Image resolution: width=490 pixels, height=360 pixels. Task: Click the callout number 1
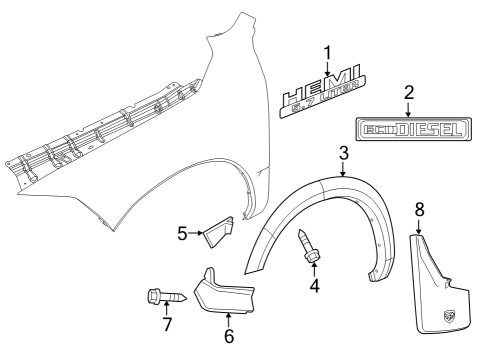(325, 52)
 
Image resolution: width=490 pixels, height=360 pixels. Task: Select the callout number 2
(408, 93)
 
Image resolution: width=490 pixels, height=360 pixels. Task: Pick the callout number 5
(182, 234)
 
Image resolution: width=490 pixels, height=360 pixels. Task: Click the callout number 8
(419, 211)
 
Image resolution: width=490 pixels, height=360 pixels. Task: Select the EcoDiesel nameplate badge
(409, 131)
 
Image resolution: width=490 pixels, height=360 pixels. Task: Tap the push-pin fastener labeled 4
(309, 246)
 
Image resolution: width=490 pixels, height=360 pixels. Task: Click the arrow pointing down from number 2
(408, 108)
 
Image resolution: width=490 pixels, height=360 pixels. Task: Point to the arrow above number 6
(229, 318)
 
